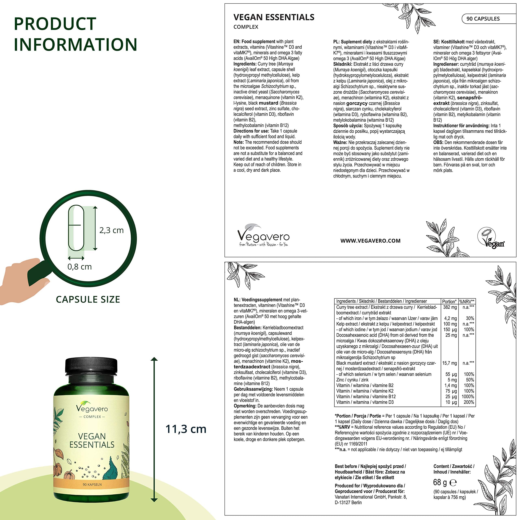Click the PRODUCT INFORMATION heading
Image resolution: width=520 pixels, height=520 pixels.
pyautogui.click(x=75, y=34)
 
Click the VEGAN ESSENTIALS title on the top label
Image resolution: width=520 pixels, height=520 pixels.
pyautogui.click(x=274, y=17)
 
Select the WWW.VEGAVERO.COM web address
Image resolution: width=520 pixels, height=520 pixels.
pyautogui.click(x=370, y=241)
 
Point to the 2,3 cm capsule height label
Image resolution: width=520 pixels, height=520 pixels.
pyautogui.click(x=112, y=230)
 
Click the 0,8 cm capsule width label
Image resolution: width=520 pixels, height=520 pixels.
pyautogui.click(x=79, y=267)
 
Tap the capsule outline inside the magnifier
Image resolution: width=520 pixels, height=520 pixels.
pyautogui.click(x=76, y=228)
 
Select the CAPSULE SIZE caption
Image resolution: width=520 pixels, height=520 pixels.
pyautogui.click(x=88, y=299)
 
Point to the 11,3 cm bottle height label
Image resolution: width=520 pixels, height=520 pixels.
pyautogui.click(x=186, y=429)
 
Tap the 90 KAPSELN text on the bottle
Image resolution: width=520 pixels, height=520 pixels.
pyautogui.click(x=92, y=484)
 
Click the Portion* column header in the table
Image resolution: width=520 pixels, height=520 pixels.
pyautogui.click(x=449, y=301)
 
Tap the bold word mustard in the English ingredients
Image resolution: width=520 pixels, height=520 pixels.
pyautogui.click(x=268, y=103)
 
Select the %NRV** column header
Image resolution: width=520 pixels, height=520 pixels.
pyautogui.click(x=467, y=301)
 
